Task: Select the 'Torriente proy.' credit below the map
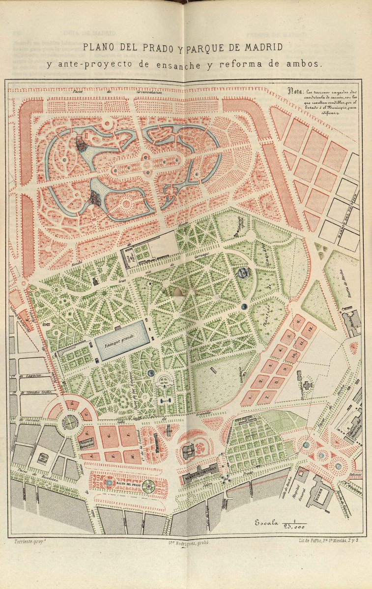pos(25,541)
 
